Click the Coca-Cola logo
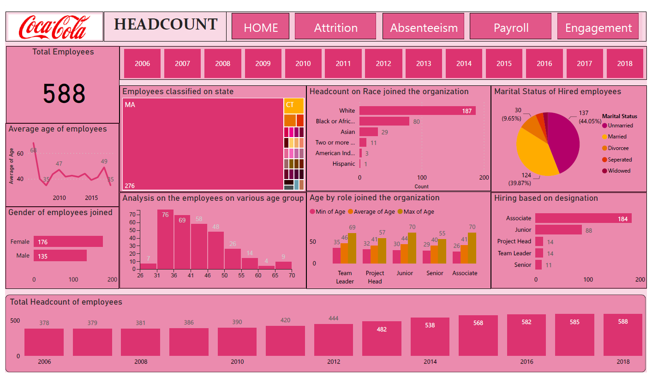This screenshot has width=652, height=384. pos(54,27)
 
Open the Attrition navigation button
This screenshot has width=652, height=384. pos(335,28)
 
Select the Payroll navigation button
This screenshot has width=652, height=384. pos(510,28)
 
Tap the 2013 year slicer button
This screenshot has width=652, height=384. pos(424,64)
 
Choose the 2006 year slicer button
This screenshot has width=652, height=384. pos(142,64)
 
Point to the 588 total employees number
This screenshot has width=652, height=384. pos(64,94)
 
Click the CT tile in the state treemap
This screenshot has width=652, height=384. pos(293,106)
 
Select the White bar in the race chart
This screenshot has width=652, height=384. pos(417,111)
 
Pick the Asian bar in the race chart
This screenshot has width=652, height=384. pos(368,132)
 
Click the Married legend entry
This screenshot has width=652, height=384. pos(617,137)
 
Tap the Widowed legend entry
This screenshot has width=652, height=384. pos(619,171)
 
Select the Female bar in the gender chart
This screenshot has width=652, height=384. pos(68,242)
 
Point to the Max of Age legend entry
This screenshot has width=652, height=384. pos(415,212)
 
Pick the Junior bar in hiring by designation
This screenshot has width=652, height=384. pos(558,230)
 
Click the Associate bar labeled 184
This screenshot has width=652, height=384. pos(583,218)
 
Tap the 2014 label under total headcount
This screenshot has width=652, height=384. pos(430,362)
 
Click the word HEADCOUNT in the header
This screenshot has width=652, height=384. pos(166,24)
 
